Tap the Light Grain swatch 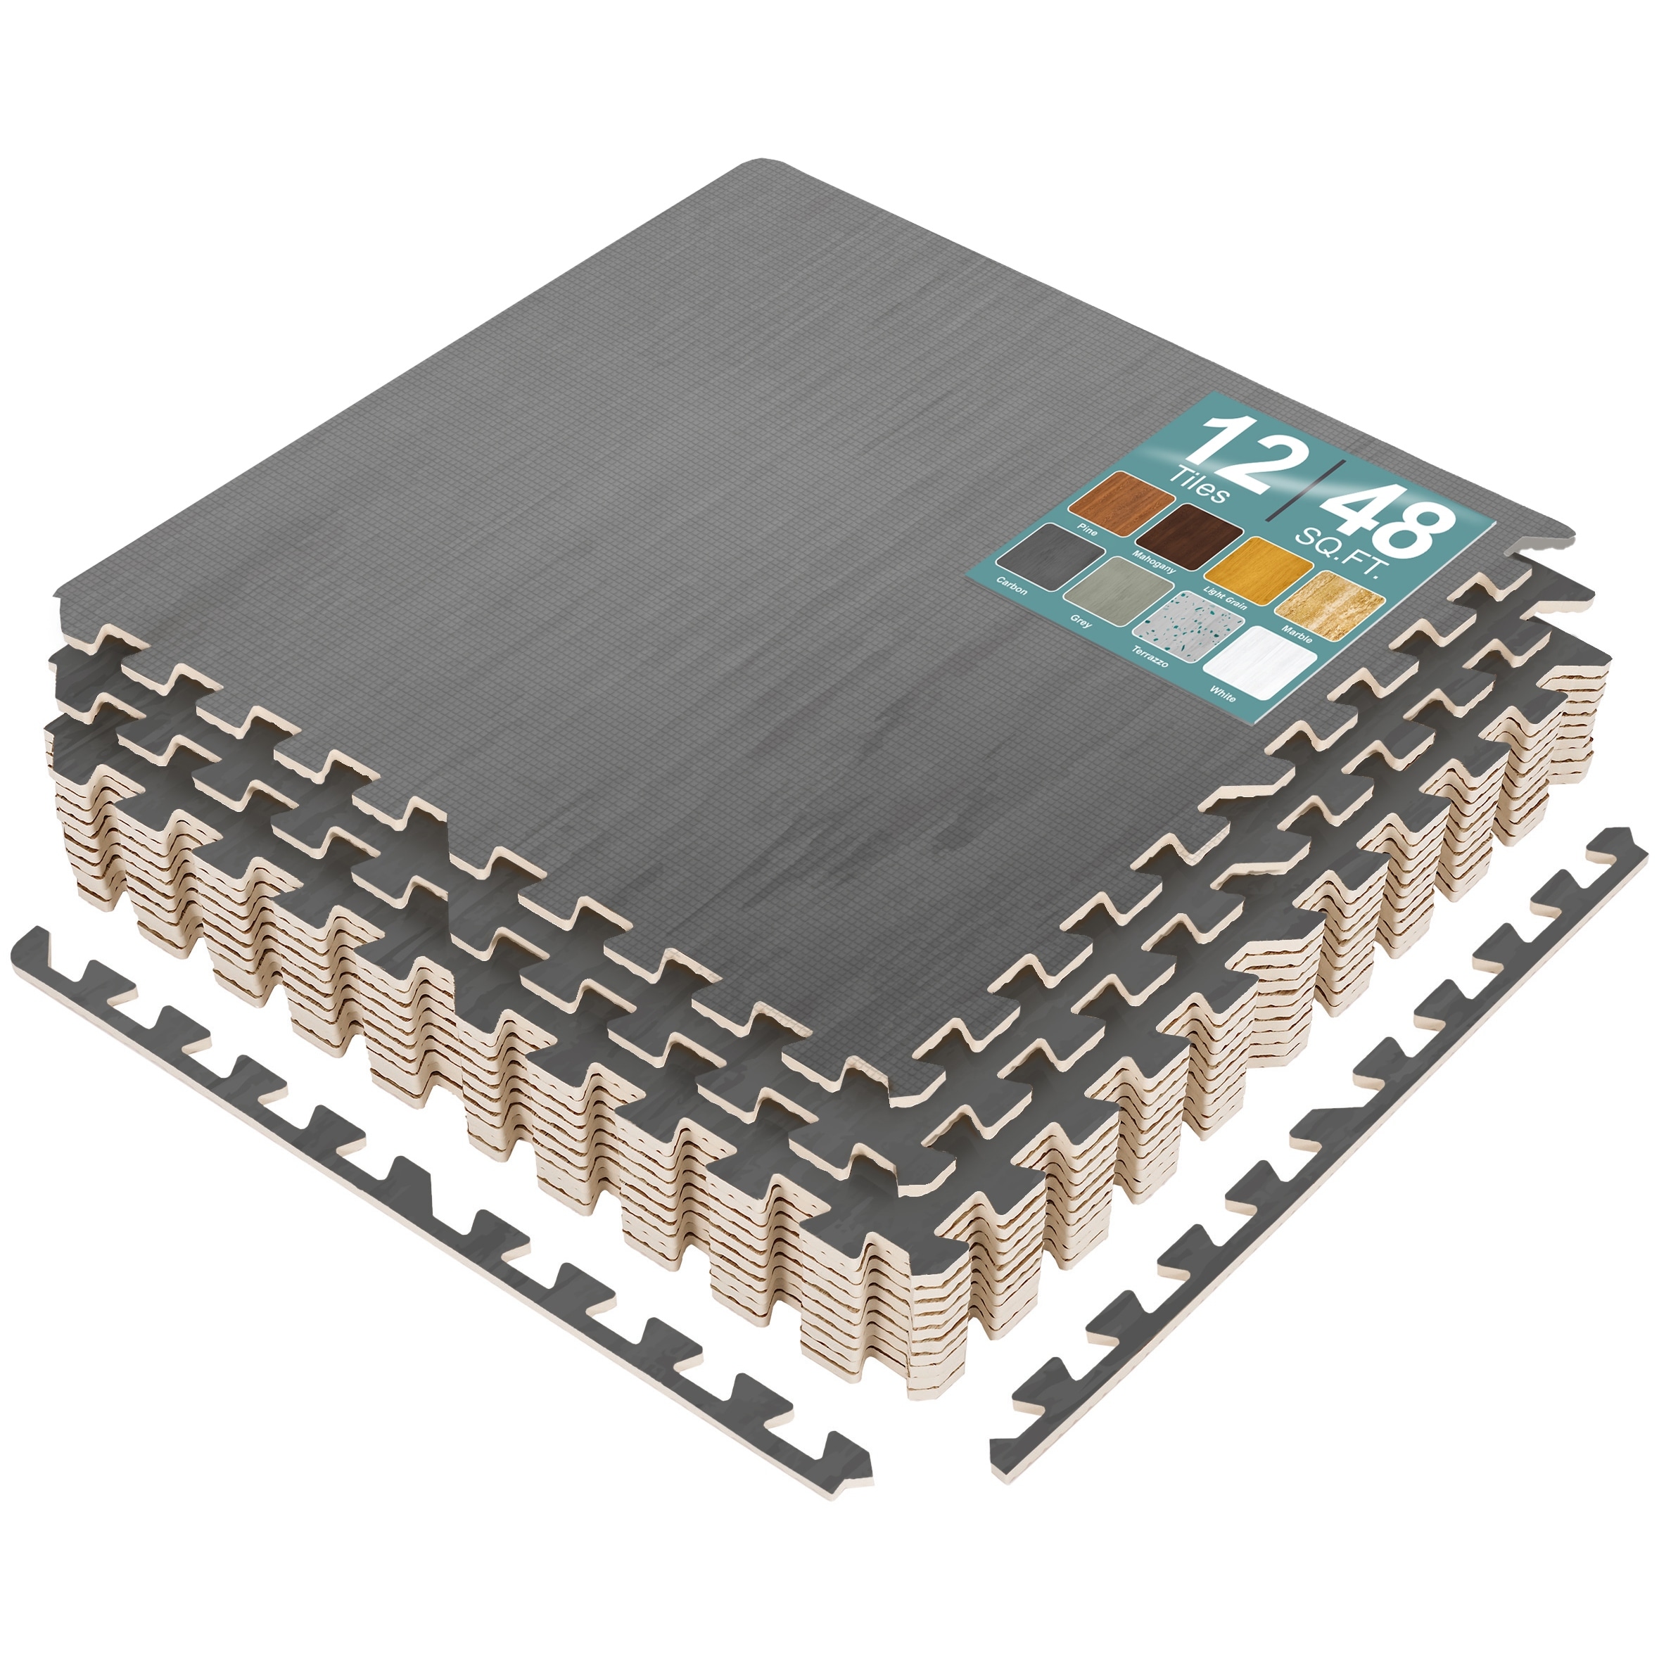click(x=1259, y=568)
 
